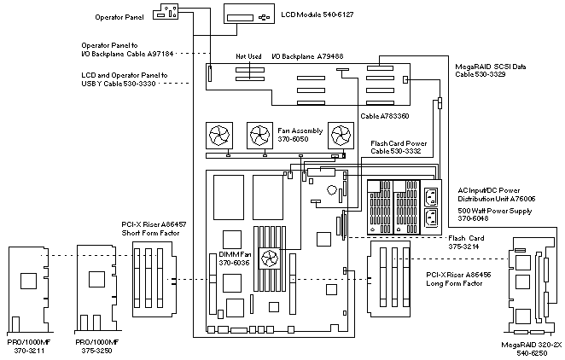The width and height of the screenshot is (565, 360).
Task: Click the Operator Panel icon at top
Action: pyautogui.click(x=169, y=11)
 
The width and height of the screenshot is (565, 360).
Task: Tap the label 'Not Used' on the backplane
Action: pyautogui.click(x=249, y=56)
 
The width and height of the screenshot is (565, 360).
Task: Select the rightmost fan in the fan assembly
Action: pyautogui.click(x=341, y=135)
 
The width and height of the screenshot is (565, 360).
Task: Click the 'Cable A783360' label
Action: pyautogui.click(x=385, y=114)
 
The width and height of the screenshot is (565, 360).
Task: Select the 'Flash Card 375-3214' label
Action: pyautogui.click(x=466, y=242)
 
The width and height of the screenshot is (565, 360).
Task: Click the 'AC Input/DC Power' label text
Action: pyautogui.click(x=494, y=189)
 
